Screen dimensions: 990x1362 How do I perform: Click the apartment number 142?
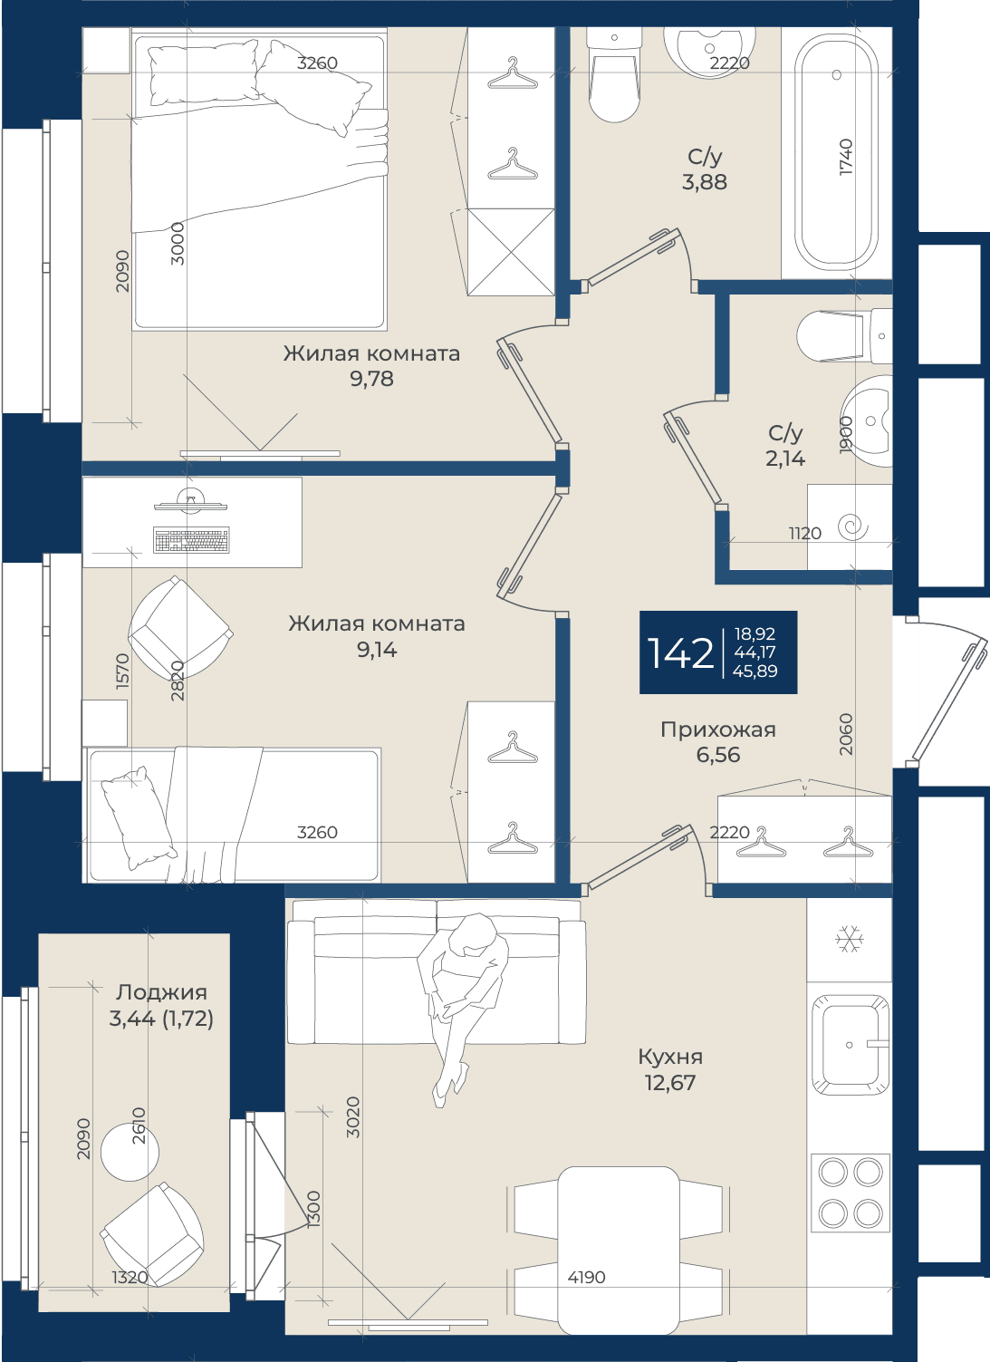coord(680,653)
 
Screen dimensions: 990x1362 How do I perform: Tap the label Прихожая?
coord(718,729)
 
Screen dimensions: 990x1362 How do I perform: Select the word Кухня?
coord(670,1057)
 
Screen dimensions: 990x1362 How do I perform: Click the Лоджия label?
coord(161,992)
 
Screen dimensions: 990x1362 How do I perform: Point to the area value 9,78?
coord(371,379)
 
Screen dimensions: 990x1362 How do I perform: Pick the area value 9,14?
coord(377,650)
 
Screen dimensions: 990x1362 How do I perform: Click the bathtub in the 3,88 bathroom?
coord(837,152)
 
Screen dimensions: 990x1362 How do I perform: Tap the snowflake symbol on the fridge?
coord(850,940)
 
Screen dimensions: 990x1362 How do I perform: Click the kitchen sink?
coord(851,1045)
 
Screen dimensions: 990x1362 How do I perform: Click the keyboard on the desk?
coord(192,540)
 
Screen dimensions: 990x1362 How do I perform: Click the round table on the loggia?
coord(130,1152)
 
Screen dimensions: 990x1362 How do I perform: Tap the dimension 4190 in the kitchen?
coord(586,1277)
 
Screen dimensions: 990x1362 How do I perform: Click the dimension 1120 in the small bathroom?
coord(804,533)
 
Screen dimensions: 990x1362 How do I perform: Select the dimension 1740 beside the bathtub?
coord(846,157)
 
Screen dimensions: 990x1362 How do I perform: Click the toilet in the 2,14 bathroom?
coord(845,336)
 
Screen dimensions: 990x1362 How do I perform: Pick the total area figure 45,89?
coord(755,671)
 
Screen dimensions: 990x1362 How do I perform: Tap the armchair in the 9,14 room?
coord(180,627)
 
